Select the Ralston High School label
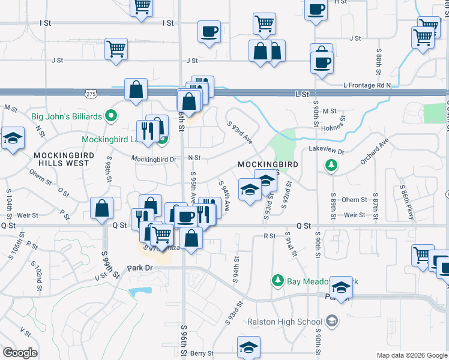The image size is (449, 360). click(x=285, y=322)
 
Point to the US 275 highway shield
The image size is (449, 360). click(x=91, y=94)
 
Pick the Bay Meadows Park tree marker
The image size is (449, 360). click(x=277, y=280)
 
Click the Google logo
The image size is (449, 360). click(x=20, y=353)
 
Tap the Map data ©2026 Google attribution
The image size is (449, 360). click(x=411, y=355)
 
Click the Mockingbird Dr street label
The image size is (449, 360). click(x=155, y=160)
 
